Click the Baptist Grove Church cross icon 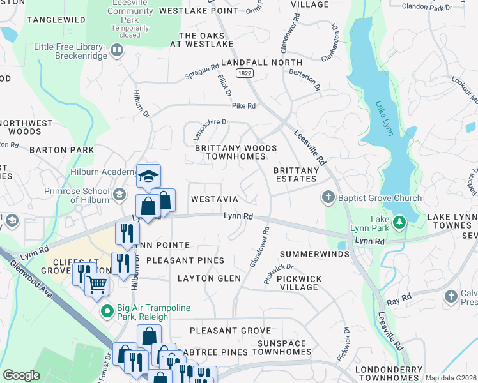coord(328,198)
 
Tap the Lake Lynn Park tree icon coord(400,222)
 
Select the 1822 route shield coord(242,74)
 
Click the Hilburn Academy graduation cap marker coord(148,176)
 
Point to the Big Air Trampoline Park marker coord(107,312)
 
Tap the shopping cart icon coord(97,283)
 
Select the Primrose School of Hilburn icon coord(119,194)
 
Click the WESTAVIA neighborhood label coord(215,200)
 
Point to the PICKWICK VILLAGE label coord(291,283)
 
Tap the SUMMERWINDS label coord(314,254)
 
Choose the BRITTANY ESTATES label coord(296,175)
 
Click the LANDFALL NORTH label coord(261,63)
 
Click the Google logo coord(21,375)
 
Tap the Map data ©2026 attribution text coord(451,378)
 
